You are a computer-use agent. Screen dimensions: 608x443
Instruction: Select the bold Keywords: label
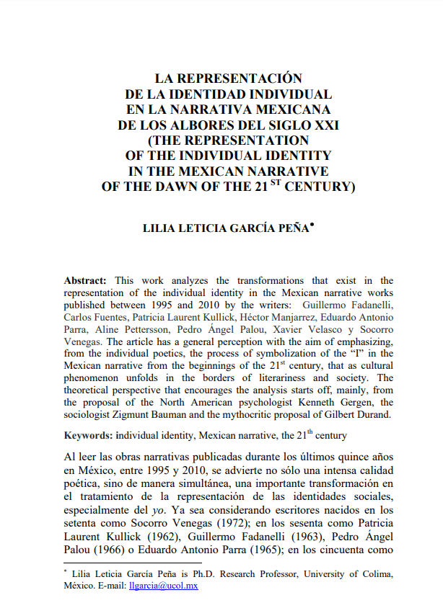[x=89, y=436]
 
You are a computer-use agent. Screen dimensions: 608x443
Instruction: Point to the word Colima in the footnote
[x=376, y=574]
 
